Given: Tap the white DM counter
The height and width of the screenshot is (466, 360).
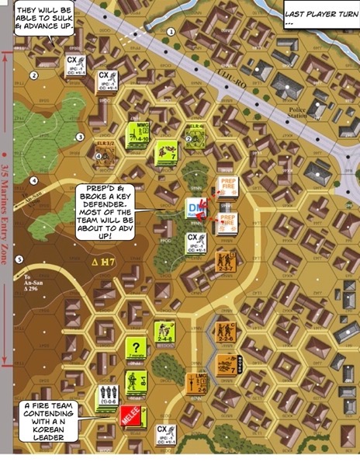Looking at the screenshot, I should coord(196,209).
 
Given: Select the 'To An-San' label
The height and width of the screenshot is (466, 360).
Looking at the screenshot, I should coord(33,281).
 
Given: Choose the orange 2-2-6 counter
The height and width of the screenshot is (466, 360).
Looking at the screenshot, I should coord(225,332).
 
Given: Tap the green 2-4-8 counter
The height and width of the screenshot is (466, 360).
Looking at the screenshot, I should coord(164,332).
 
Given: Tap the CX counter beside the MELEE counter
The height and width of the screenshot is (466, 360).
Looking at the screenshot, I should coord(164,435).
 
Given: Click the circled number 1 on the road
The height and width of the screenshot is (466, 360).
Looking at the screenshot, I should coord(170,32).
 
